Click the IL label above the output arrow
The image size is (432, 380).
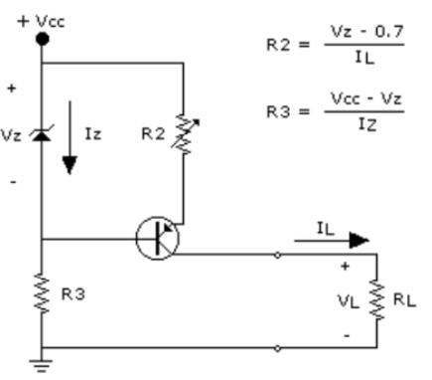pos(324,228)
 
